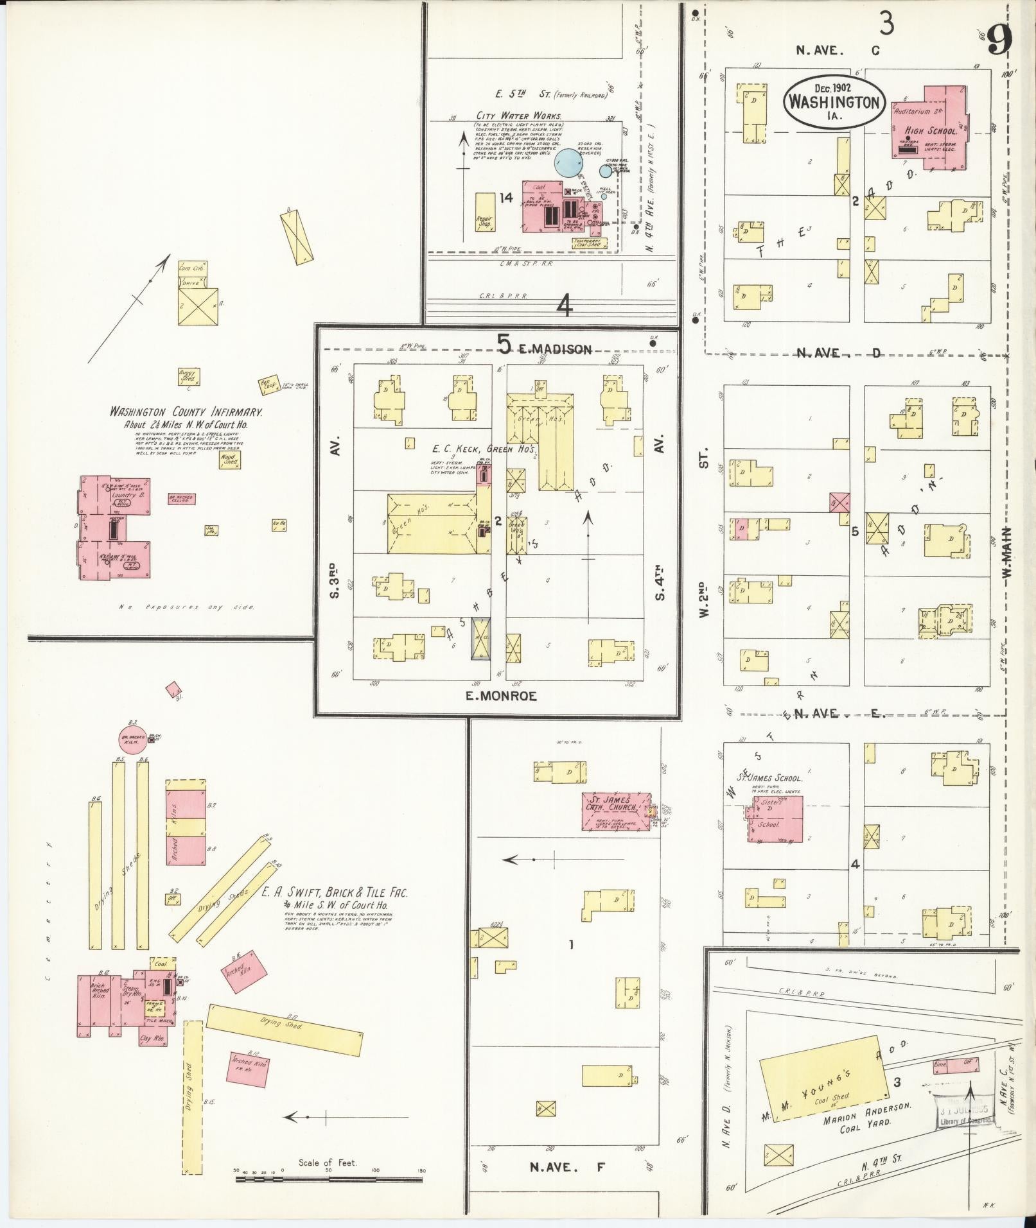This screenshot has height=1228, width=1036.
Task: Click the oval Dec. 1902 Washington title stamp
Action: click(833, 103)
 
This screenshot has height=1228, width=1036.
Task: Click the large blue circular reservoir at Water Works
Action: click(568, 162)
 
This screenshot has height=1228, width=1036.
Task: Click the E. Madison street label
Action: click(555, 349)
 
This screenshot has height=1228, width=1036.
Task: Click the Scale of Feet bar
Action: click(328, 1179)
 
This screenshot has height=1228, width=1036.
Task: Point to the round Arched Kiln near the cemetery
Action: click(134, 740)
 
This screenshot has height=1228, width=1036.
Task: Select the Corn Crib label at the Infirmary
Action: click(190, 268)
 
